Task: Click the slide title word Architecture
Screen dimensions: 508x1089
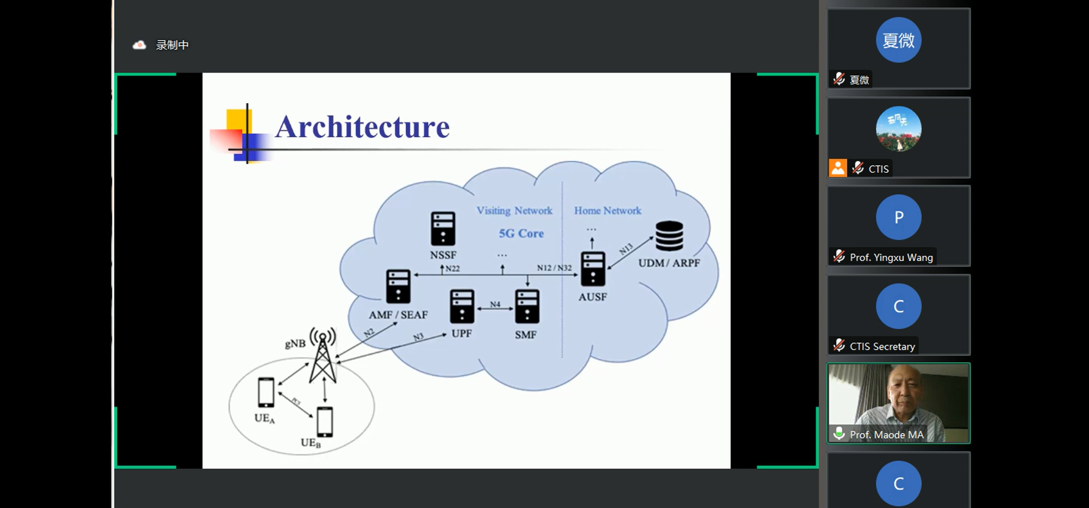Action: [x=362, y=127]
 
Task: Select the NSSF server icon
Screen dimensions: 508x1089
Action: [x=443, y=228]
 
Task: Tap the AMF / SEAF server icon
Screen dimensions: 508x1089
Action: [x=398, y=286]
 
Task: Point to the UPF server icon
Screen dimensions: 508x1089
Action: [x=462, y=306]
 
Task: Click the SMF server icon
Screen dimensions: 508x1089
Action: [x=527, y=307]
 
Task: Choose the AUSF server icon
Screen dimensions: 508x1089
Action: [x=593, y=269]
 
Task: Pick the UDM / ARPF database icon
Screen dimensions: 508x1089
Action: [x=669, y=236]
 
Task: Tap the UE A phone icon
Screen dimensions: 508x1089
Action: [x=266, y=392]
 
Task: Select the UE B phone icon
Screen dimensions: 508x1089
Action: [x=325, y=422]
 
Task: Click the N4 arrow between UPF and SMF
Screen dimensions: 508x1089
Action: [x=495, y=309]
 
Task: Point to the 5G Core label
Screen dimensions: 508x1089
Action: [x=521, y=233]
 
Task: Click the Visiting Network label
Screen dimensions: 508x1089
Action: [x=514, y=211]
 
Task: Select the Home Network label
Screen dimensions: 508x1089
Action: [x=607, y=211]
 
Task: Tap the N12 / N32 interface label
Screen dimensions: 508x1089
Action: [x=554, y=268]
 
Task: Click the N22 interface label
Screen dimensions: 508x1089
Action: [x=452, y=268]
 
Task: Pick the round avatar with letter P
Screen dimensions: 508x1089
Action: [x=898, y=217]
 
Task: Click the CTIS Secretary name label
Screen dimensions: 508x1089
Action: [x=882, y=346]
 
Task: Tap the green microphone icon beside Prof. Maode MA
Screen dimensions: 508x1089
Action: [x=839, y=433]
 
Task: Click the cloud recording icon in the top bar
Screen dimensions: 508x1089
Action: [x=139, y=45]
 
